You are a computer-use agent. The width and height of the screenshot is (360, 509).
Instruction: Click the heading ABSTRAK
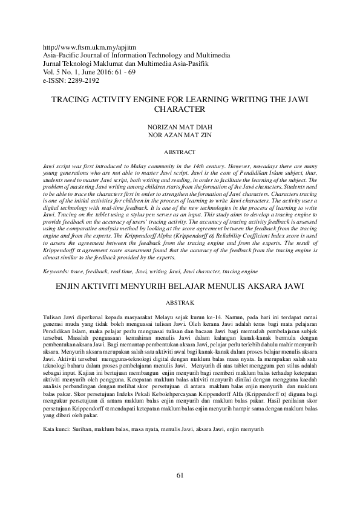tap(180, 301)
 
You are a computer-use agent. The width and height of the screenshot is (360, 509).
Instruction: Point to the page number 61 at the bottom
tap(180, 475)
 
